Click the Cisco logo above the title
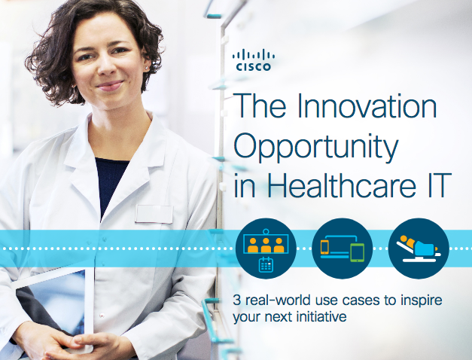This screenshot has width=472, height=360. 254,59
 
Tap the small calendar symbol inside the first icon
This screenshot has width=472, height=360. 266,263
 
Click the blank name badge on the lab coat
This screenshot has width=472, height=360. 154,213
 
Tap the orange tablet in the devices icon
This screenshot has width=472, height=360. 326,247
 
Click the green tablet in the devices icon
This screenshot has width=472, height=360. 358,251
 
